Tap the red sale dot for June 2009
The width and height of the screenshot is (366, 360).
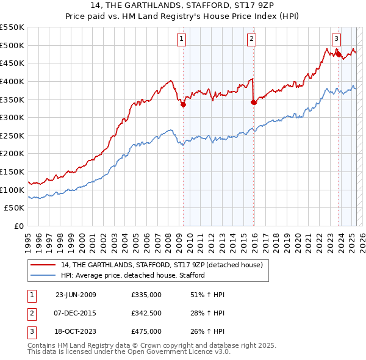[182, 104]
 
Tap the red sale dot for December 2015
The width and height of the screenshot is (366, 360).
[254, 102]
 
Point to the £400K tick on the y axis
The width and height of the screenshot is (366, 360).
[13, 81]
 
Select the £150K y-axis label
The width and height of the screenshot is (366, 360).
[13, 172]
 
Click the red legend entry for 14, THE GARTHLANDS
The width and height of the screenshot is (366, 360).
[162, 265]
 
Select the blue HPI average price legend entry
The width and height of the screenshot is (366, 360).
[132, 275]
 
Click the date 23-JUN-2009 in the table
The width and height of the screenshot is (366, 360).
[76, 295]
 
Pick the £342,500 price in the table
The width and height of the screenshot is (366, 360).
[146, 313]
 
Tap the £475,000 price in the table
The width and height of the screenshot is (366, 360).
[146, 331]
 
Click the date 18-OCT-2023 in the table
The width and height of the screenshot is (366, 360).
[76, 331]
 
